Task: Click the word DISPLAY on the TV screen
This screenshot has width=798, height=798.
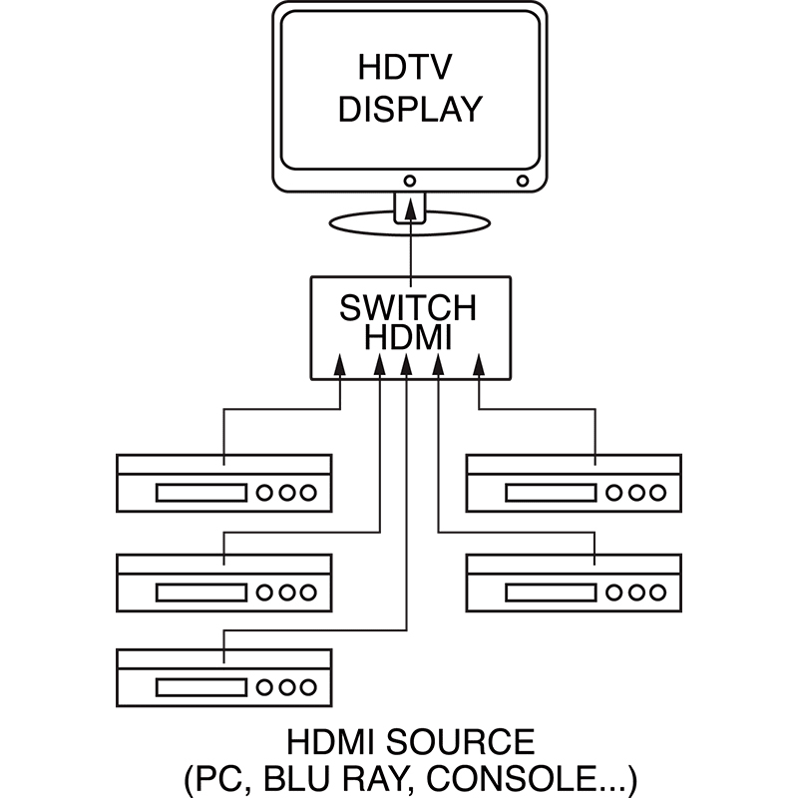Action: point(409,109)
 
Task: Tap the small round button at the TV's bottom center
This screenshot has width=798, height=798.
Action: point(410,182)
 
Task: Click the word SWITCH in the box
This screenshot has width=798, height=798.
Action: point(409,307)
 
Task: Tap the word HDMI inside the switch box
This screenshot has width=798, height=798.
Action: point(409,338)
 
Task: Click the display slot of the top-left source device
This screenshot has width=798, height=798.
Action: point(199,493)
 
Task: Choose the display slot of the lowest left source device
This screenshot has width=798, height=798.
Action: point(199,687)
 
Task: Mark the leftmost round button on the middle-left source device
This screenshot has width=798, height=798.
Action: point(266,592)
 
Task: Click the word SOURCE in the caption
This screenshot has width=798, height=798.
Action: point(462,743)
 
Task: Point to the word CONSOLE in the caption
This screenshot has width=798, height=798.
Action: point(520,777)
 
